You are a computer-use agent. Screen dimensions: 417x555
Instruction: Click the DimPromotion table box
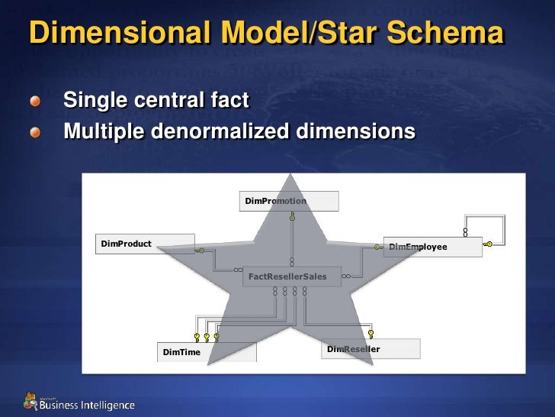[289, 201]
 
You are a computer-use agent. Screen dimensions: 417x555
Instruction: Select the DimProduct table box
[145, 244]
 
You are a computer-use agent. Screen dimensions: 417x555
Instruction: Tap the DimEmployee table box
[432, 247]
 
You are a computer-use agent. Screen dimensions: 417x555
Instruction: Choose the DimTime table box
[207, 351]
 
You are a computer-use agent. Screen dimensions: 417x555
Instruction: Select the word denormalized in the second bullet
[220, 131]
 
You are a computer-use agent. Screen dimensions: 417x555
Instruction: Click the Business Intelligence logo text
[87, 405]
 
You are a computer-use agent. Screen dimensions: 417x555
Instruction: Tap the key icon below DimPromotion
[291, 216]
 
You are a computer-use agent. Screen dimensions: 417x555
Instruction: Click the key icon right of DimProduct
[201, 249]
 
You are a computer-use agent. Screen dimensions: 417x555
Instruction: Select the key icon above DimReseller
[371, 334]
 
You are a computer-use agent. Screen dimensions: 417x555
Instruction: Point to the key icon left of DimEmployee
[377, 247]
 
